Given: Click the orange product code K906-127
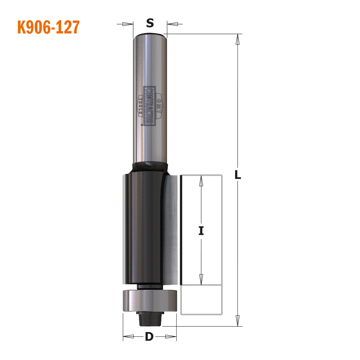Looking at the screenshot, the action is [49, 27].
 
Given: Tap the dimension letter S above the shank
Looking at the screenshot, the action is [150, 23].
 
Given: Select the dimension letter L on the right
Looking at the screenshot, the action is [238, 175].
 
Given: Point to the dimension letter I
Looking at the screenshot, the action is [201, 230].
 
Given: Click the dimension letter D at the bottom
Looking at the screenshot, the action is [149, 337].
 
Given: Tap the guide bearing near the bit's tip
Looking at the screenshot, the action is [150, 301].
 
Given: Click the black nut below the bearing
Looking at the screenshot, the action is [150, 319].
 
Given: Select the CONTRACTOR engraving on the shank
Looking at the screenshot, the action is [149, 106].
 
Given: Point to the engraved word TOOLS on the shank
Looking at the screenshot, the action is [140, 106].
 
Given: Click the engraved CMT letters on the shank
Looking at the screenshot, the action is [158, 106].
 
